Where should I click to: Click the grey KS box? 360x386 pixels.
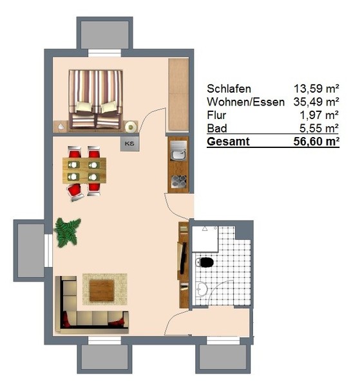point(129,143)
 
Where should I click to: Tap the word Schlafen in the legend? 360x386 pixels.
point(229,89)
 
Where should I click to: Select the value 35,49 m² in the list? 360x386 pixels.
point(316,102)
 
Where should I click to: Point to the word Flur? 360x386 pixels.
point(216,115)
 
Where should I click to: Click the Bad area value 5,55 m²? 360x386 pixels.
point(319,128)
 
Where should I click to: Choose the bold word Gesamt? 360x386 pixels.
point(228,142)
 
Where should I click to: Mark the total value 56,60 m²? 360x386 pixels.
point(316,142)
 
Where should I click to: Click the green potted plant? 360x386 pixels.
point(67,232)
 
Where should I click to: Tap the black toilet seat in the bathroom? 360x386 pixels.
point(207,262)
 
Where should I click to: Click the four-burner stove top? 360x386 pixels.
point(179,181)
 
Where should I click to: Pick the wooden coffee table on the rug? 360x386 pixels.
point(102,291)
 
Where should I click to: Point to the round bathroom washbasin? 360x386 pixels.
point(202,289)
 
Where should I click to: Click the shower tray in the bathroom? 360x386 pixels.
point(205,239)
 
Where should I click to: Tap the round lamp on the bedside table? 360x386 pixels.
point(131,127)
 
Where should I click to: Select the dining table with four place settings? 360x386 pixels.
point(84,170)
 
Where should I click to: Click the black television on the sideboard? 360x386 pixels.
point(183,258)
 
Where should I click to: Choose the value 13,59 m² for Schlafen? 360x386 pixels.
point(316,89)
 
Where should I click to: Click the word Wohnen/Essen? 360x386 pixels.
point(245,102)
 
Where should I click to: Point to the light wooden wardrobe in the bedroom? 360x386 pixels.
point(178,95)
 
